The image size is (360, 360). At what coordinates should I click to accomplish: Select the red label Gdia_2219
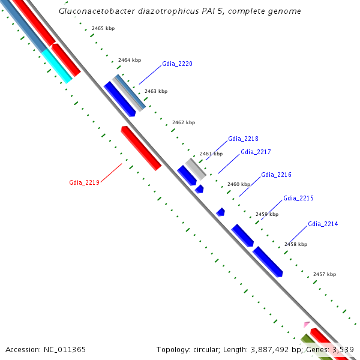[84, 182]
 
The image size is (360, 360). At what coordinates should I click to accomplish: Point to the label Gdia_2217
[256, 152]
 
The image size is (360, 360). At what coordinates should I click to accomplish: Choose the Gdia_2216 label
[276, 175]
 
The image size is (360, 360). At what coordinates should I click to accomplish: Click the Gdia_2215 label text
[298, 198]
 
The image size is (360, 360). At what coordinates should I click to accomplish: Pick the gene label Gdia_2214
[323, 224]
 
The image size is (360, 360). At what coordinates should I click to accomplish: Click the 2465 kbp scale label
[104, 29]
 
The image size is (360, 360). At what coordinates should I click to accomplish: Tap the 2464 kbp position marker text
[130, 60]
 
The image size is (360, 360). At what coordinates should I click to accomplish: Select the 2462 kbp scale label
[184, 122]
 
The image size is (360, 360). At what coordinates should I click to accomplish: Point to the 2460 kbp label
[238, 184]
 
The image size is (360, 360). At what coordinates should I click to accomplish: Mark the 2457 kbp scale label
[325, 274]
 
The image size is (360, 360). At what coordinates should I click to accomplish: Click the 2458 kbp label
[296, 244]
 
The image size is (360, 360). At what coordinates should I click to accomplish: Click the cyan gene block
[57, 65]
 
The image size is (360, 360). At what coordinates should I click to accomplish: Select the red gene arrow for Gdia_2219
[142, 148]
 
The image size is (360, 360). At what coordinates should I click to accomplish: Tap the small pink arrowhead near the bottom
[307, 324]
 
